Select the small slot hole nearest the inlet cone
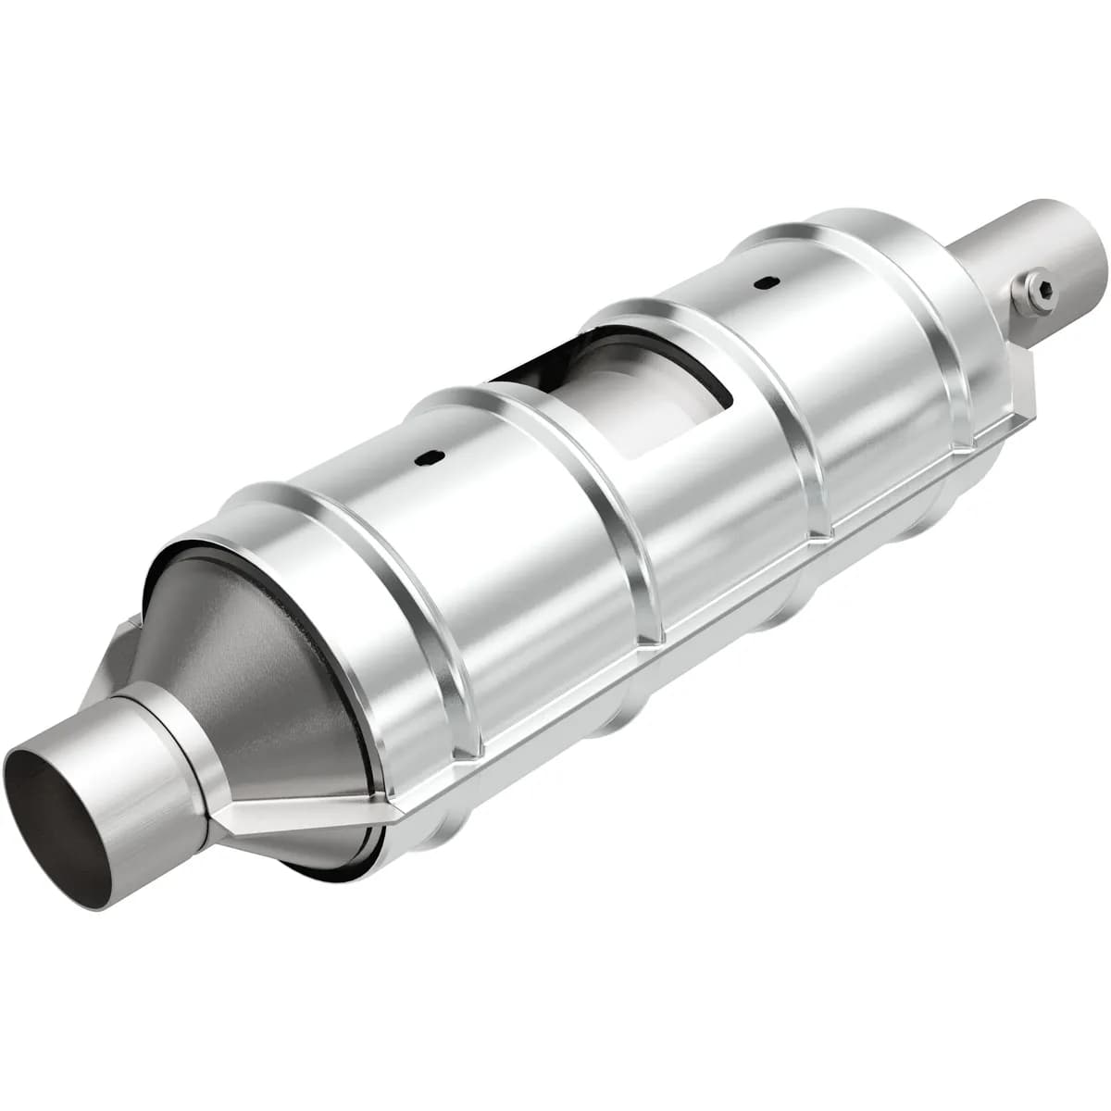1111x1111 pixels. pyautogui.click(x=429, y=456)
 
